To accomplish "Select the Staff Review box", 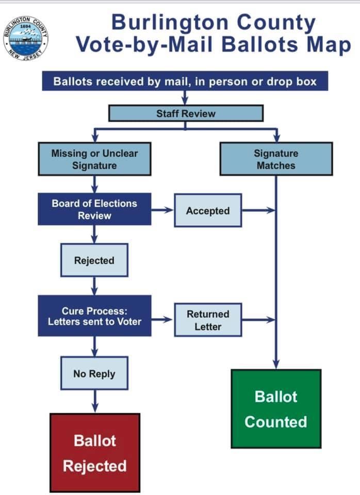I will (x=186, y=113).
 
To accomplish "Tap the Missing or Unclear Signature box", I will (x=94, y=159).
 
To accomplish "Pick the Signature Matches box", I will (x=276, y=159).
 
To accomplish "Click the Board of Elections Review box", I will (x=94, y=209).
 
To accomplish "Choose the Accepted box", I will (x=208, y=210).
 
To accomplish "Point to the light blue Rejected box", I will (x=94, y=260).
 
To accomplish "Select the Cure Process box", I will (x=94, y=316).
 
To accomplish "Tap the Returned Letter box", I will (x=208, y=320).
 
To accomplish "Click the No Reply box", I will (x=94, y=373).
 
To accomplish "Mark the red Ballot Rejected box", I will (x=95, y=453).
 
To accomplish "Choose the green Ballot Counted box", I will (x=276, y=409).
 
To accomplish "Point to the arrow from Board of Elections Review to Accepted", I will (x=162, y=210).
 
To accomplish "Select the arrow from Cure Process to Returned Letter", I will (x=162, y=320).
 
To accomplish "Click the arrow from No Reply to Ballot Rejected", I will (x=94, y=401).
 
